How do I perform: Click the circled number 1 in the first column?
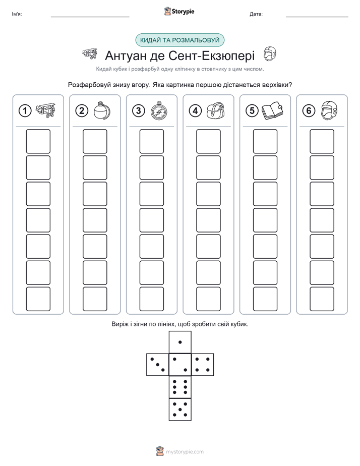[x=25, y=111]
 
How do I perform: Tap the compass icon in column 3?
[x=159, y=110]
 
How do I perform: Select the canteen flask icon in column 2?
[x=102, y=110]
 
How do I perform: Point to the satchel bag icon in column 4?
[x=216, y=110]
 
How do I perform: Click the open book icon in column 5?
[x=272, y=110]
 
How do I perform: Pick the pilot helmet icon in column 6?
[x=329, y=110]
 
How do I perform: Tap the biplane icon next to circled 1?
[x=45, y=110]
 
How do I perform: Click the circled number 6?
[x=309, y=111]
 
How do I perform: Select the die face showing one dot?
[x=180, y=342]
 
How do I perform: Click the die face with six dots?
[x=180, y=387]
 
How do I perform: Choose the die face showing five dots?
[x=180, y=410]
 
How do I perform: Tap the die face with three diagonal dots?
[x=158, y=365]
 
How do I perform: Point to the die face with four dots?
[x=203, y=365]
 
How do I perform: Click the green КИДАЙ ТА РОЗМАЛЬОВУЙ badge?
[x=179, y=40]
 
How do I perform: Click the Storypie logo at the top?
[x=179, y=11]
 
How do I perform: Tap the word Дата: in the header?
[x=256, y=14]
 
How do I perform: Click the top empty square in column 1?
[x=38, y=141]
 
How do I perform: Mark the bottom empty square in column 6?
[x=322, y=299]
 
